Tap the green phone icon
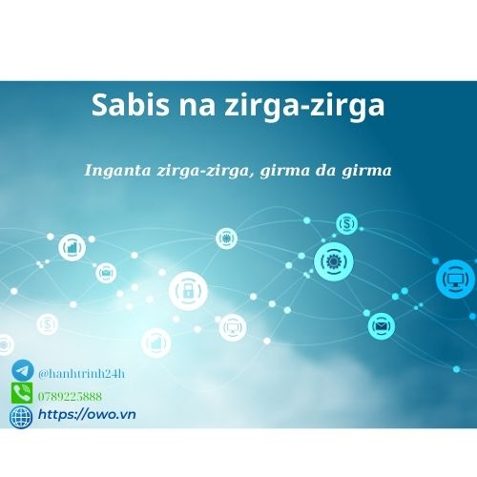[21, 393]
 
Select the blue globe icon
[21, 416]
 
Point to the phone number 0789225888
[70, 394]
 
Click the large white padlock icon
[187, 289]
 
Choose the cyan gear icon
[334, 260]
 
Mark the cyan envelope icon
[383, 325]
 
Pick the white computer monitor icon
[232, 327]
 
